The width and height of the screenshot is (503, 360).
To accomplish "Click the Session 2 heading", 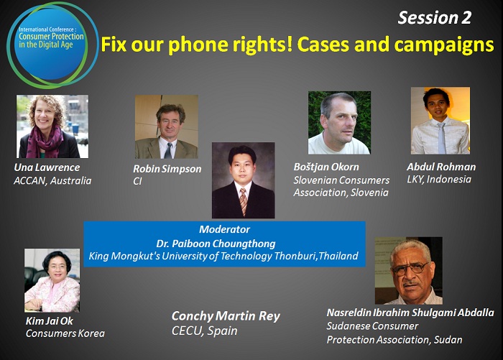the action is tap(434, 18).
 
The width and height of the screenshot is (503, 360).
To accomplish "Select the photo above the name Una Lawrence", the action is tap(52, 126).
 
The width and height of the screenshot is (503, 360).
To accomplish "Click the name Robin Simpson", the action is tap(167, 169).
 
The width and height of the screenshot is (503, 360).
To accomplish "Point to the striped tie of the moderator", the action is tap(243, 201).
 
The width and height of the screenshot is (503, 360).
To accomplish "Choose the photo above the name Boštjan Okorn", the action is tap(339, 123).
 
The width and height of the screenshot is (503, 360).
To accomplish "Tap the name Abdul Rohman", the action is tap(441, 167).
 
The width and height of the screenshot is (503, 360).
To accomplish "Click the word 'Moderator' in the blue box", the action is tap(224, 229).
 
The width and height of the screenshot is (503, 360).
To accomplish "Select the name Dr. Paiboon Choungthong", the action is tap(216, 244).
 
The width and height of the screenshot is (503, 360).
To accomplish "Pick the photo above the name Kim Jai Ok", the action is tap(52, 280).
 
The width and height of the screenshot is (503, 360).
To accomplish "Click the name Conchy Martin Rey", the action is tap(226, 316).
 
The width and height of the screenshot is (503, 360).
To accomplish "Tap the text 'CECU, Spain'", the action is tap(204, 331).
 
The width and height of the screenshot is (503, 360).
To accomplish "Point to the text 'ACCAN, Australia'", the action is tap(52, 180).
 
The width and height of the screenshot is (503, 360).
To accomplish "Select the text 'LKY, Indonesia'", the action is tap(439, 180).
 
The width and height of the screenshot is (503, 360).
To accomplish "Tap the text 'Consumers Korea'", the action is tap(65, 333).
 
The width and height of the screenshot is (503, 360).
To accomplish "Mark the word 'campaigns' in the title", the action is tap(444, 45).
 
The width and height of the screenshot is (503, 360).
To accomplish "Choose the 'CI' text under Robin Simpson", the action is tap(137, 181).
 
